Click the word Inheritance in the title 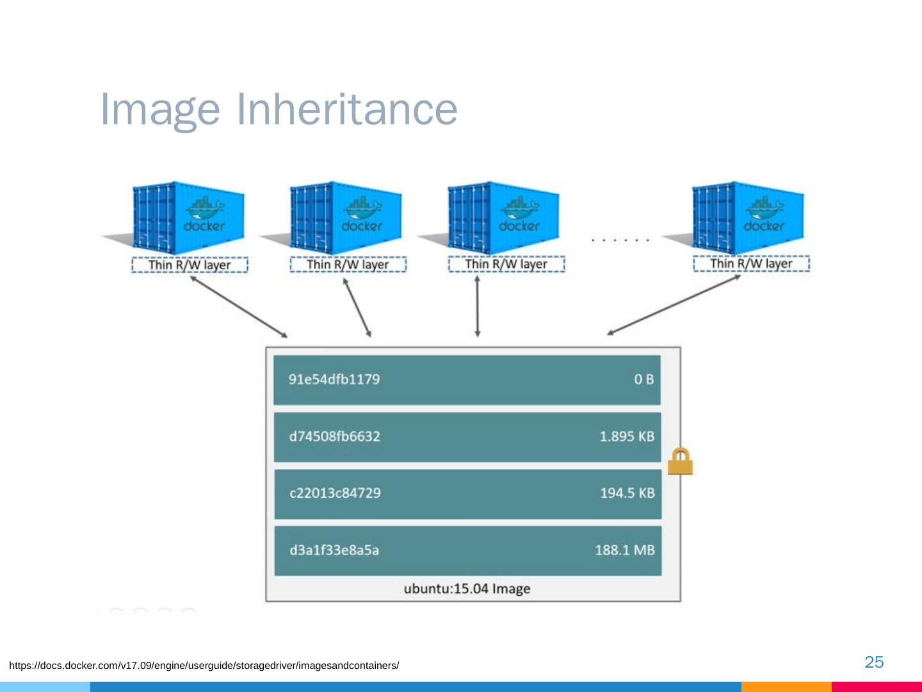pyautogui.click(x=347, y=109)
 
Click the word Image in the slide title pyautogui.click(x=160, y=110)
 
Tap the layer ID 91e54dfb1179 pyautogui.click(x=334, y=379)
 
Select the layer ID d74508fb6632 pyautogui.click(x=334, y=436)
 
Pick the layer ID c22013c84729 pyautogui.click(x=335, y=493)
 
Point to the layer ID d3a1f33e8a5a pyautogui.click(x=334, y=550)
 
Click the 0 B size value pyautogui.click(x=643, y=379)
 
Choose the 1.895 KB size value pyautogui.click(x=626, y=436)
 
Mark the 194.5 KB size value pyautogui.click(x=627, y=493)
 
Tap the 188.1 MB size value pyautogui.click(x=624, y=550)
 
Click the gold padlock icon pyautogui.click(x=680, y=461)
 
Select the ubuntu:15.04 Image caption pyautogui.click(x=467, y=589)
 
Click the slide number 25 pyautogui.click(x=874, y=662)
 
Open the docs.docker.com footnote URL pyautogui.click(x=204, y=666)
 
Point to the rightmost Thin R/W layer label pyautogui.click(x=751, y=264)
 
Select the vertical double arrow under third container pyautogui.click(x=477, y=307)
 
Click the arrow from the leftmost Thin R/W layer pyautogui.click(x=238, y=306)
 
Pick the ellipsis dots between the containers pyautogui.click(x=620, y=240)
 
